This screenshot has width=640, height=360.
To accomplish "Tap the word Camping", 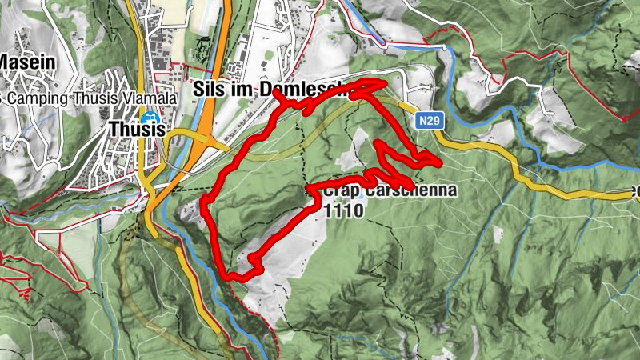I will tap(36, 98).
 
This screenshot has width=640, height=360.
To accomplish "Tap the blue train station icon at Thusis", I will tap(157, 126).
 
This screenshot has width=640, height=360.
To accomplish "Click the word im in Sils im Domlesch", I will tap(238, 90).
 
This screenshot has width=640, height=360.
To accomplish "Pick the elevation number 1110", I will tap(345, 211).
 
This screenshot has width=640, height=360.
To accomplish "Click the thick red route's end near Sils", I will tap(276, 93).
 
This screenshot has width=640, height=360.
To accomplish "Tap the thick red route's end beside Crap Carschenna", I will tap(310, 190).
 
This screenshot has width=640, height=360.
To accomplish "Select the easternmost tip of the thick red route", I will tap(441, 163).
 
